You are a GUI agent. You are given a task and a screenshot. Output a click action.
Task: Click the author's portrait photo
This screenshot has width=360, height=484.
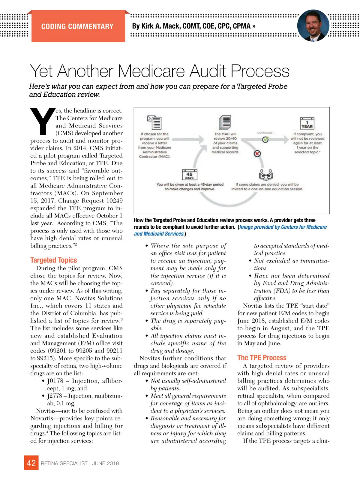(313, 26)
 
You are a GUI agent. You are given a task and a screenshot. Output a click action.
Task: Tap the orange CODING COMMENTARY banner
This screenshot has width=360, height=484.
(77, 26)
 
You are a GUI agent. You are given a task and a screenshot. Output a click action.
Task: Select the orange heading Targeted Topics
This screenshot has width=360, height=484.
(54, 260)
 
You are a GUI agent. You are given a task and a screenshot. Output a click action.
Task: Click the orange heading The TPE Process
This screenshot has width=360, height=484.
(262, 358)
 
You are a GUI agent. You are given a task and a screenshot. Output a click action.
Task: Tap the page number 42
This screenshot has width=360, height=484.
(31, 463)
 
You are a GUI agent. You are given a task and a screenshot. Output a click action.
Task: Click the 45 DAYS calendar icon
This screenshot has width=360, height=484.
(189, 174)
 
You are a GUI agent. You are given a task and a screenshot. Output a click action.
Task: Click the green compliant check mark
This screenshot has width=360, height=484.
(265, 140)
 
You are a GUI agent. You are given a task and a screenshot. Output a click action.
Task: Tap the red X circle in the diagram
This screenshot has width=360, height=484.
(257, 154)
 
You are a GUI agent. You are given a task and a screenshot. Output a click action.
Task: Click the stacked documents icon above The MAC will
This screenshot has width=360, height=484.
(225, 122)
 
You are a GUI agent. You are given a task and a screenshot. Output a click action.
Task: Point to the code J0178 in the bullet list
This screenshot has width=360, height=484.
(55, 381)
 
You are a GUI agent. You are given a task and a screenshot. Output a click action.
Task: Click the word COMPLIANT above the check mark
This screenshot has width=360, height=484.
(265, 133)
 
